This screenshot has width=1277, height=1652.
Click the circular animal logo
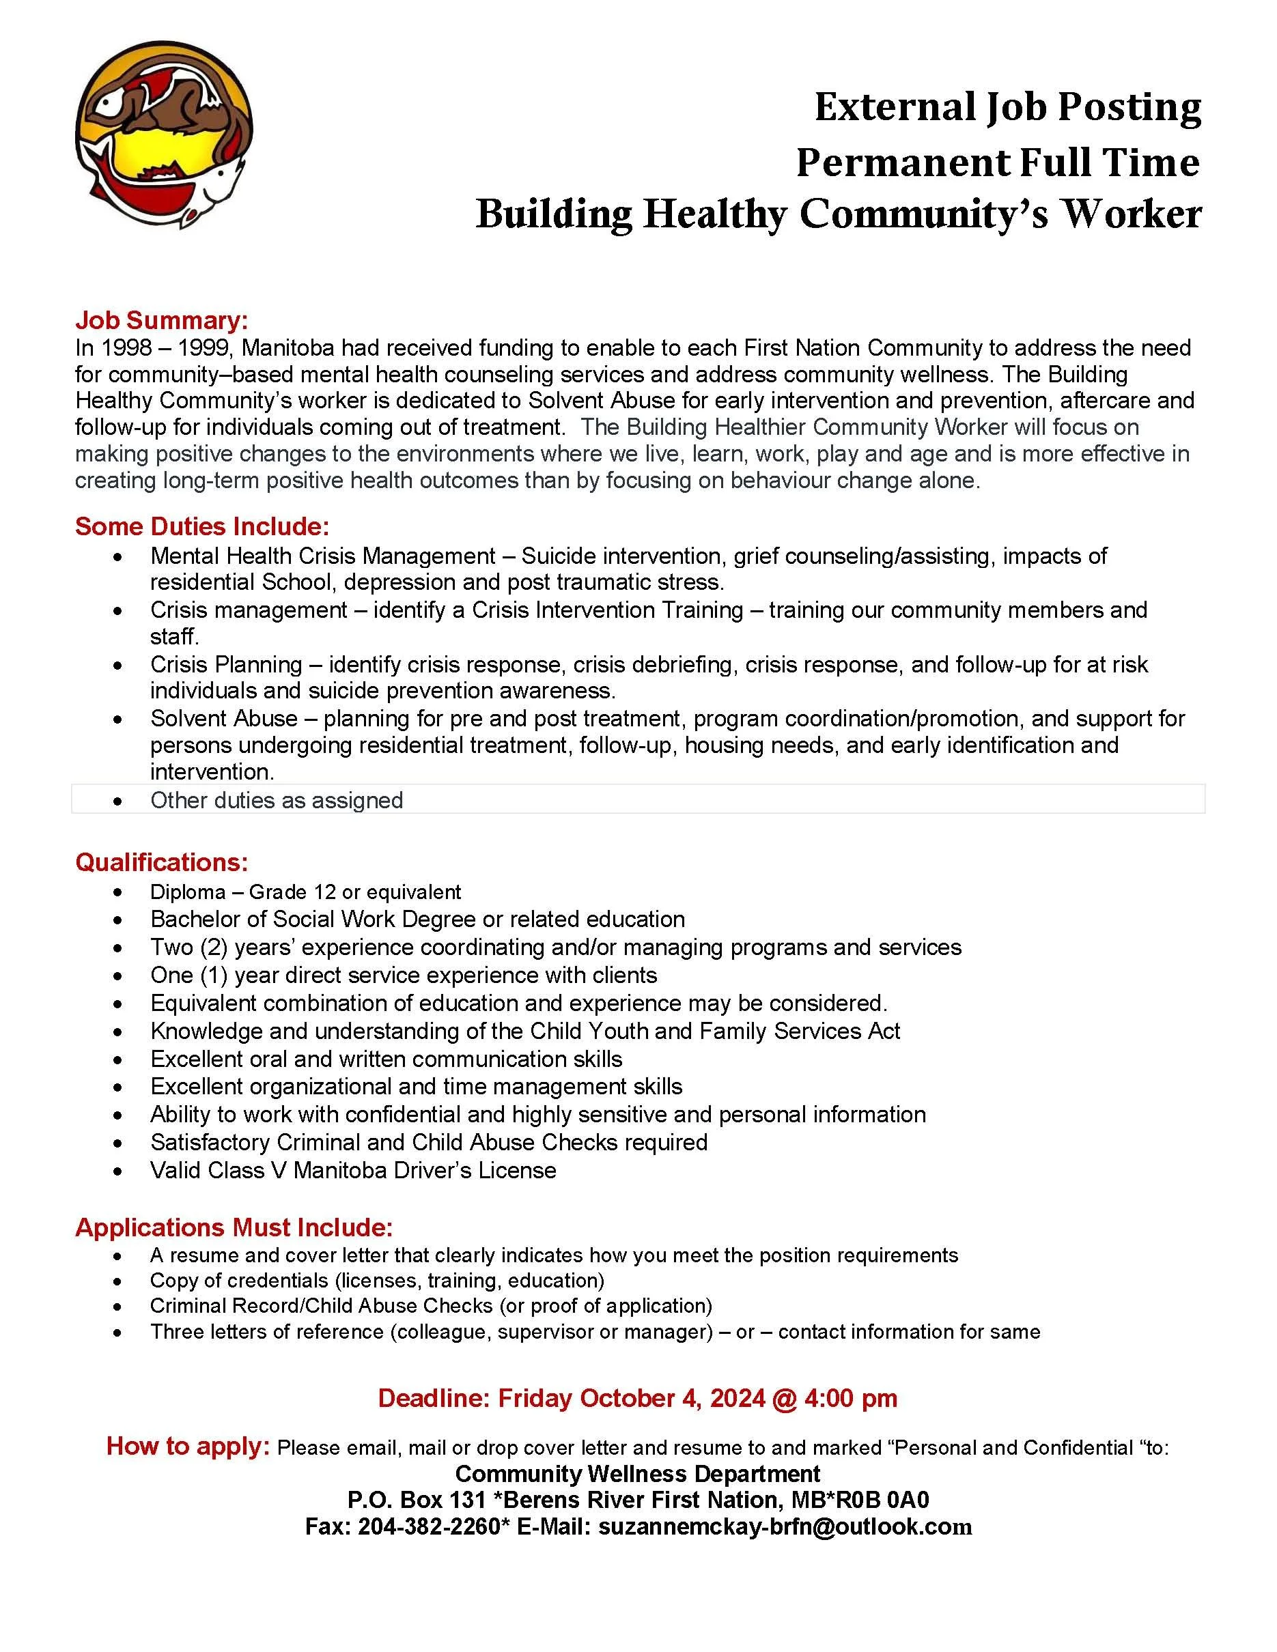pos(164,134)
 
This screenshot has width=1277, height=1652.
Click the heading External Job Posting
pos(1007,107)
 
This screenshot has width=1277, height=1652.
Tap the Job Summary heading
pos(161,321)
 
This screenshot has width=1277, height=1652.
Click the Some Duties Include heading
pos(202,526)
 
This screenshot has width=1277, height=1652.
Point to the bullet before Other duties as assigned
pos(117,801)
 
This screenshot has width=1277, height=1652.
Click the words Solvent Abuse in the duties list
pos(224,719)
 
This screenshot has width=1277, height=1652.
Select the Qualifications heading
pos(161,862)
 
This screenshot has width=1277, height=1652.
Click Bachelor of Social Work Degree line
pos(417,919)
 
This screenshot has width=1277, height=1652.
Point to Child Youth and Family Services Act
pos(715,1031)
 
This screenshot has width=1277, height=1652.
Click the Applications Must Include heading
pos(234,1227)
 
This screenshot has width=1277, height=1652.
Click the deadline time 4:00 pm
pos(851,1398)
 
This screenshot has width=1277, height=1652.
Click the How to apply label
pos(188,1447)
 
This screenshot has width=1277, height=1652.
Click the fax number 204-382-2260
pos(429,1526)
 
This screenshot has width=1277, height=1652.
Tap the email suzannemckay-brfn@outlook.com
pos(785,1526)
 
